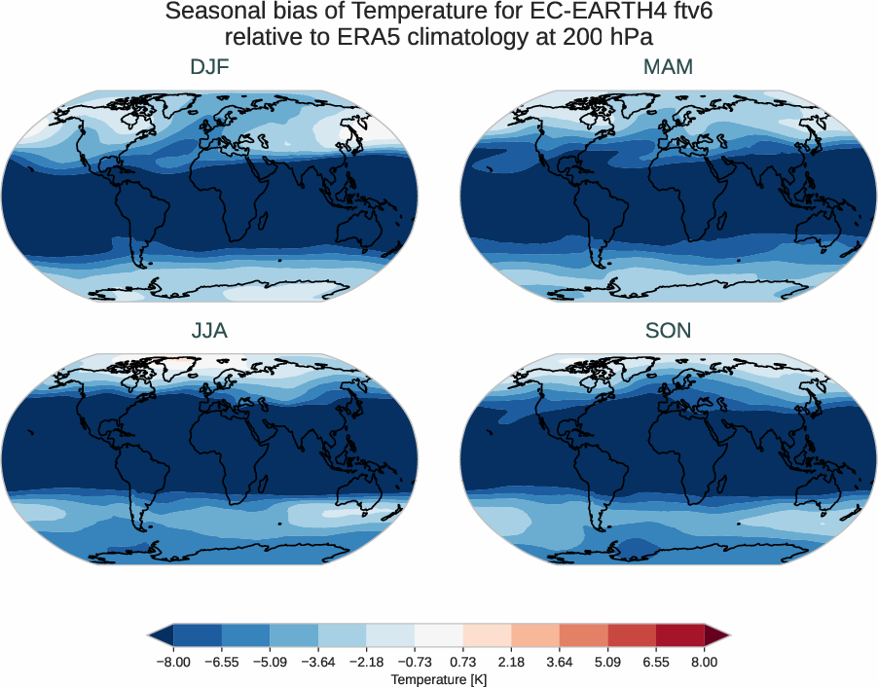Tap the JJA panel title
[x=209, y=331]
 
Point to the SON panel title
[x=668, y=331]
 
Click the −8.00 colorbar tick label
[x=172, y=662]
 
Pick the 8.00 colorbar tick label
[x=704, y=662]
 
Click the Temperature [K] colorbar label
[x=438, y=679]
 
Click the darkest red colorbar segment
[x=679, y=636]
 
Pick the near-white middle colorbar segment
[x=438, y=636]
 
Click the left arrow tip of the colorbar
[x=152, y=636]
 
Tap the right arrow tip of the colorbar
[x=725, y=636]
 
